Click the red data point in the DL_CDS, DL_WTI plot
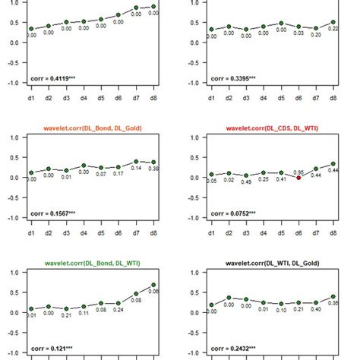point(298,177)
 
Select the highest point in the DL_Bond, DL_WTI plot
point(153,286)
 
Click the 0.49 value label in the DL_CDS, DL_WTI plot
point(247,182)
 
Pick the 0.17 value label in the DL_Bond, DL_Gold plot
point(117,175)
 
